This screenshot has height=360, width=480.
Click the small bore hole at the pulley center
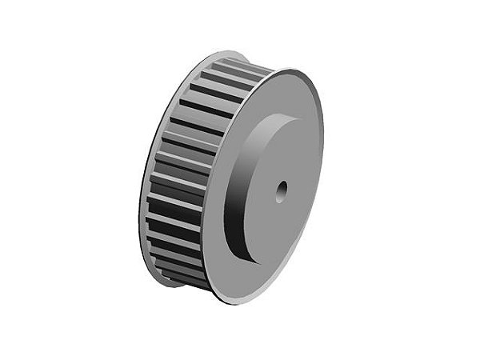[282, 190]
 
